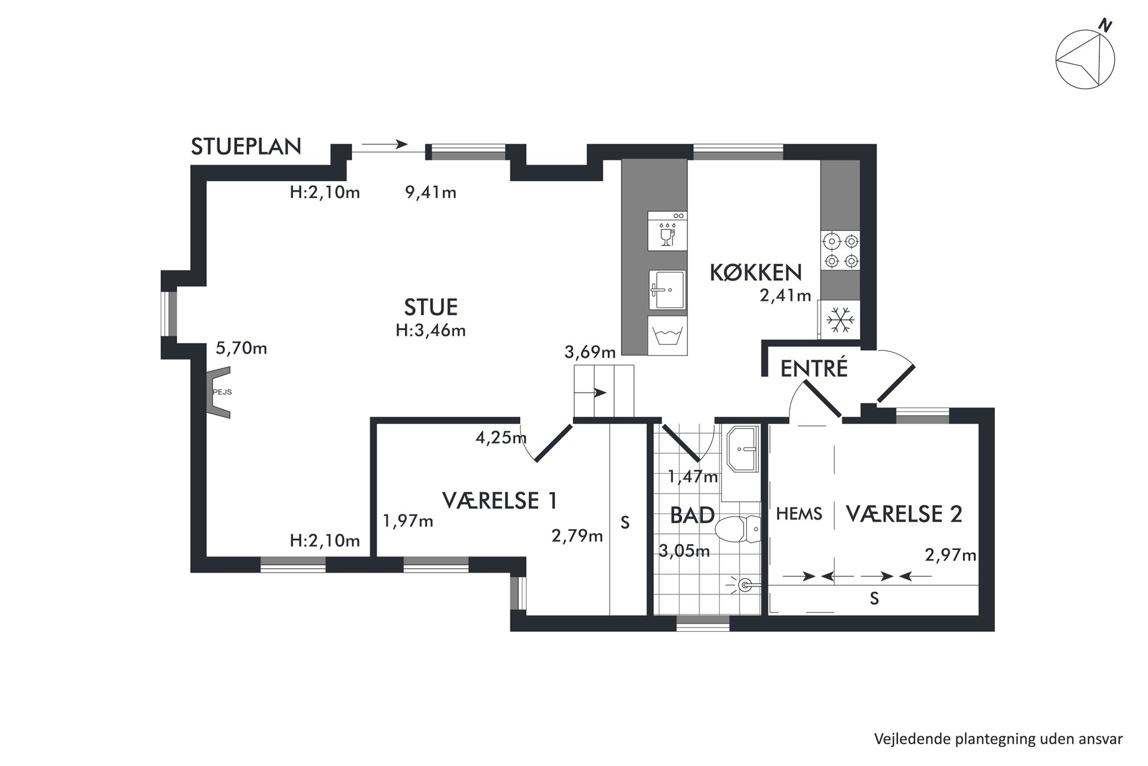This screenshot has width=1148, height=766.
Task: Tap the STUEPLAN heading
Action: point(246,147)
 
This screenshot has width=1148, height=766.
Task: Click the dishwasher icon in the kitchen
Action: point(667,231)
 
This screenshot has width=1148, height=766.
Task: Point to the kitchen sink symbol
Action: point(667,290)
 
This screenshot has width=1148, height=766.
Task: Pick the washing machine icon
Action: point(667,335)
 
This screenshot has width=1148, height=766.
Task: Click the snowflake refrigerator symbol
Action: point(840,320)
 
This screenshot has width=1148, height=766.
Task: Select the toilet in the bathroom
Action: point(738,529)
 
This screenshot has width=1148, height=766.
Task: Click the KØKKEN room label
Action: point(756,273)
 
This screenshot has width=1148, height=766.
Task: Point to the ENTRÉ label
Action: point(814,369)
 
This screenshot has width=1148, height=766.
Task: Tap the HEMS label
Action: point(799,514)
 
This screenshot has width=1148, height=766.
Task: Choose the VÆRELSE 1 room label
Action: point(500,500)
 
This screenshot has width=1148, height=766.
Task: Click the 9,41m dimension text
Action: point(430,193)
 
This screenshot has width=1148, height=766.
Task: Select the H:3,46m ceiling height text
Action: point(430,331)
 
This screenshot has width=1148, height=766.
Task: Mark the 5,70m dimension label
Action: point(241,349)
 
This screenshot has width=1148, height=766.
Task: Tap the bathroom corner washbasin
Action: point(743,449)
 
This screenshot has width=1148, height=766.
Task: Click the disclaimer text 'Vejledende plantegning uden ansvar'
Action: point(998,739)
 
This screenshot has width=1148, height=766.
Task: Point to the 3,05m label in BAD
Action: point(684,551)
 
